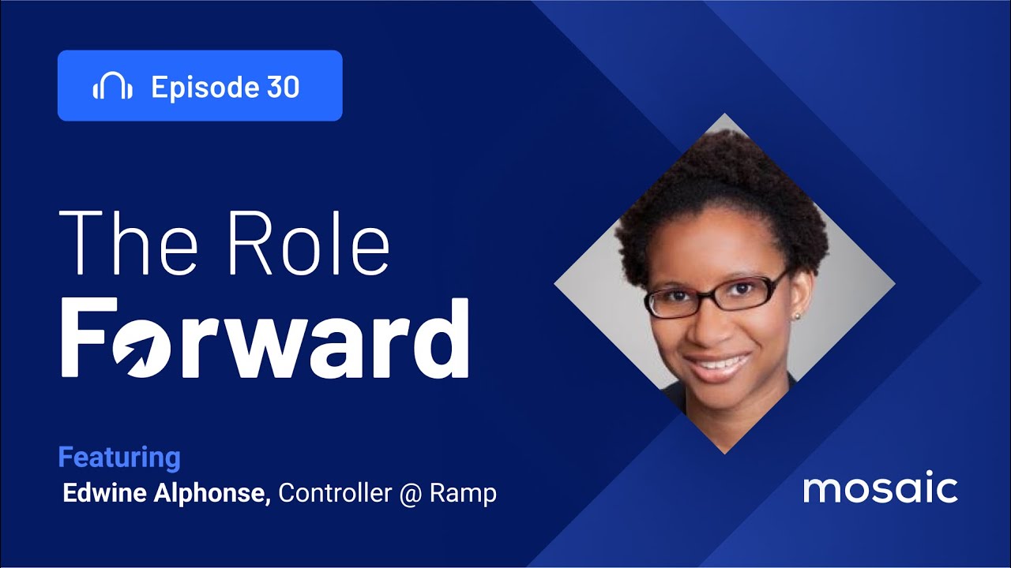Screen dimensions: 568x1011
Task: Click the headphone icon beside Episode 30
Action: coord(112,87)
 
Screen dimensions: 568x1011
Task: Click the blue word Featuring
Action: coord(119,458)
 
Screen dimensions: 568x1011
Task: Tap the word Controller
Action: coord(335,493)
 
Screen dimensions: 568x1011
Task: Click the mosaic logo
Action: coord(881,488)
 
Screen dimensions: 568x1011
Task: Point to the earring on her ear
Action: coord(796,316)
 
